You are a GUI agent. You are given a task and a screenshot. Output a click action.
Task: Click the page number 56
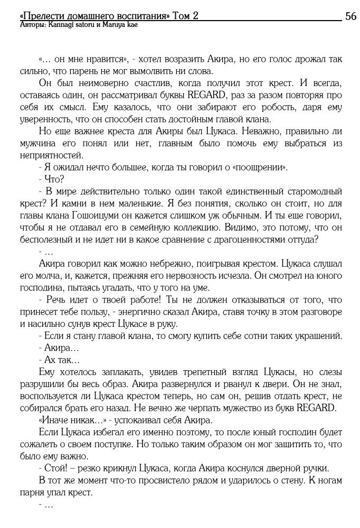(x=350, y=16)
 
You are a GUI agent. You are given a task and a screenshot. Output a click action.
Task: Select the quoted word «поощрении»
(x=262, y=167)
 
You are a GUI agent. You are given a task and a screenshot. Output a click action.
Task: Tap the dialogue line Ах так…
(x=59, y=360)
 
